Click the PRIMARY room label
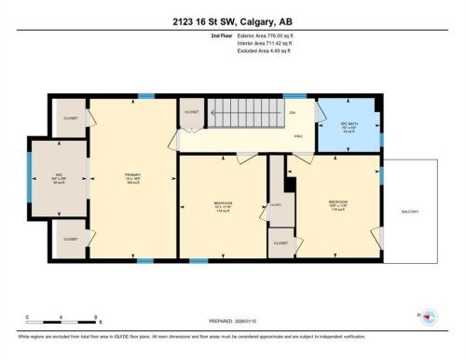[133, 174]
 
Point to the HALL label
[299, 136]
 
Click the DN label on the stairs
[292, 113]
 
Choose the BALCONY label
[410, 212]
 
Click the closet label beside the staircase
[191, 112]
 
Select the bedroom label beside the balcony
[338, 202]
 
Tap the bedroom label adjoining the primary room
[222, 203]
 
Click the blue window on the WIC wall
[30, 178]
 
